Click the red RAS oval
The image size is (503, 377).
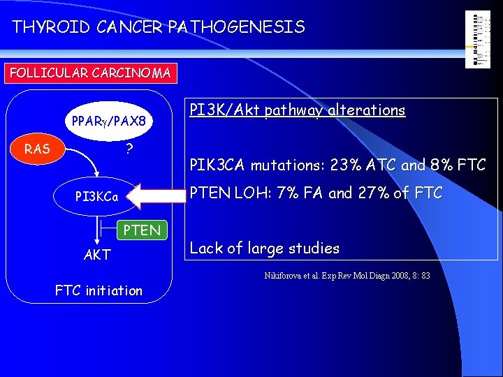37,148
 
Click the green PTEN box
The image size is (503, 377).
142,230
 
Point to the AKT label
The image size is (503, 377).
97,255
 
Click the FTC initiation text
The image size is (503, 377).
99,290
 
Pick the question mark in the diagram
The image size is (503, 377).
130,149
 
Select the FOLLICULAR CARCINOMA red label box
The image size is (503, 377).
89,73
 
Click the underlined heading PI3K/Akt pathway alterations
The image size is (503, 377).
298,110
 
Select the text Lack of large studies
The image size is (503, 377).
265,248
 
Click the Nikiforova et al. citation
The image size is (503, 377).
347,276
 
